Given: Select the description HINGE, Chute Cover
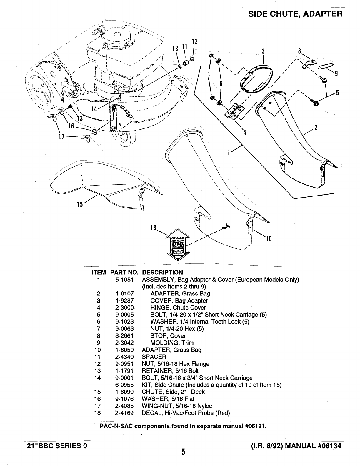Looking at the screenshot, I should point(178,308).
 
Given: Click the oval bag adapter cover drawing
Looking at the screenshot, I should point(255,79).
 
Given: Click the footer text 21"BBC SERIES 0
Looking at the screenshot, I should point(56,445).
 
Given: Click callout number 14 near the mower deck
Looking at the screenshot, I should point(94,109).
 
